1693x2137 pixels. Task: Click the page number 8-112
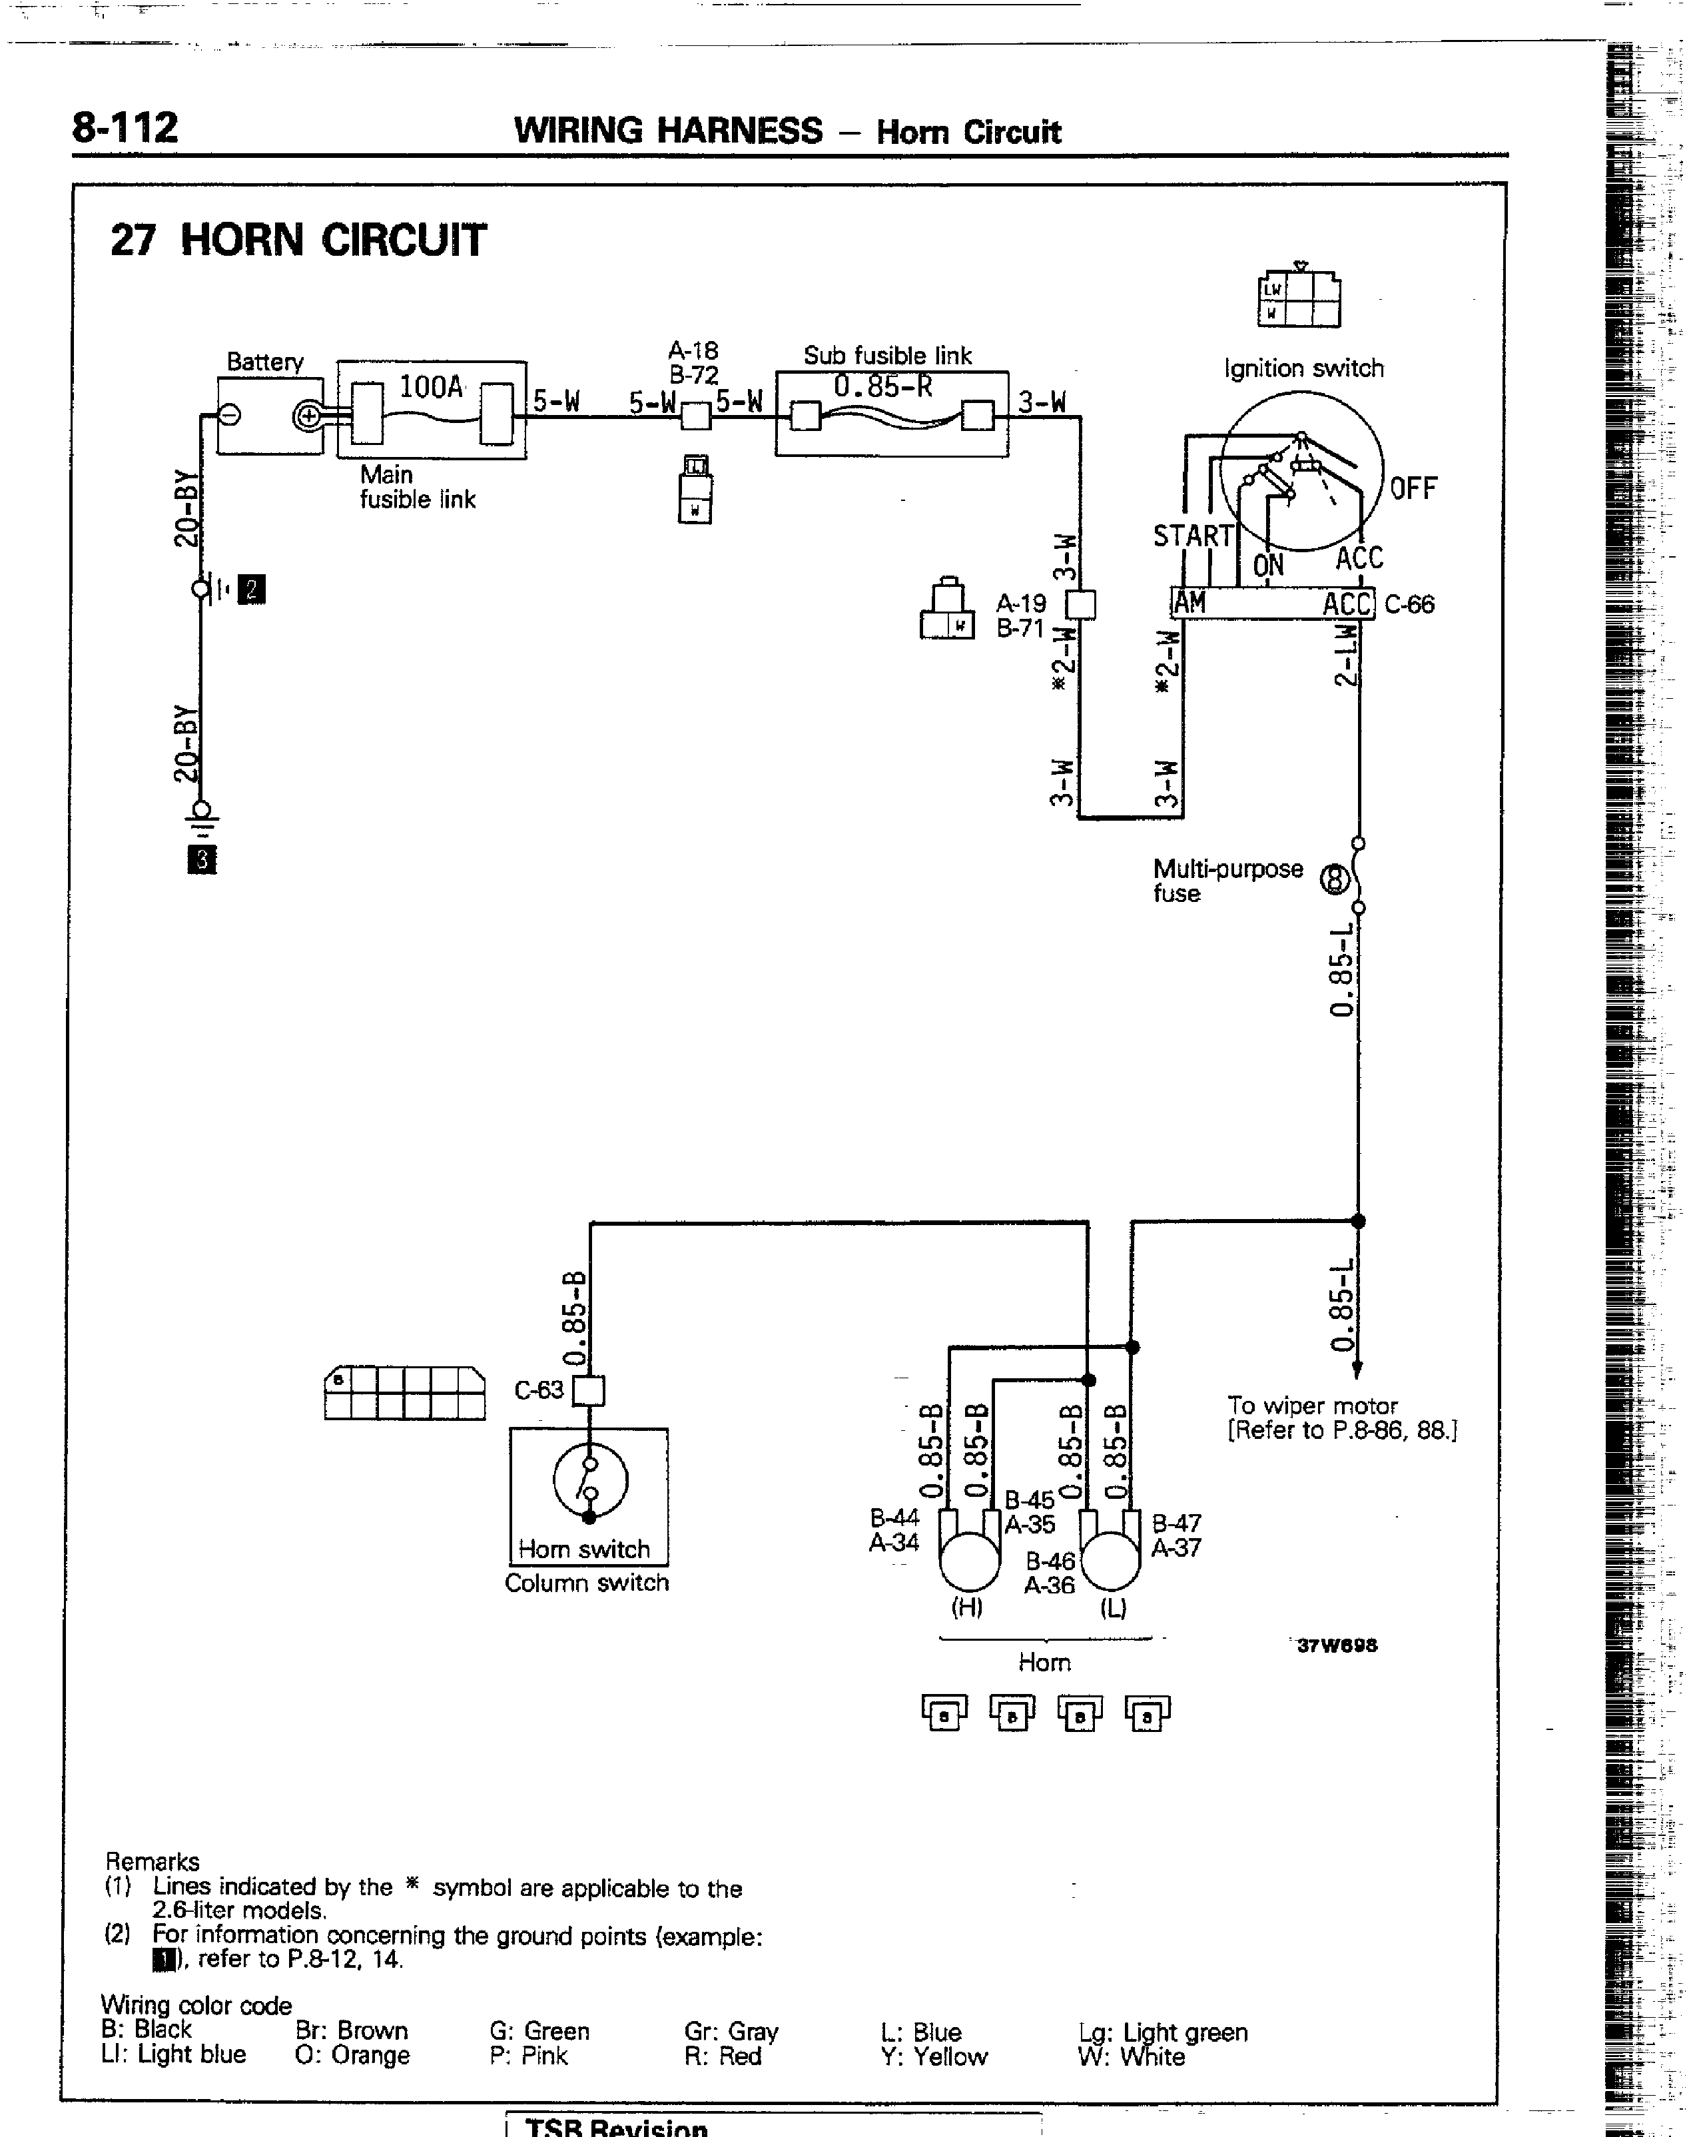click(x=125, y=128)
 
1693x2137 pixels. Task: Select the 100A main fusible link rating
click(x=431, y=386)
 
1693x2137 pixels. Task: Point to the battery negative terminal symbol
click(x=229, y=415)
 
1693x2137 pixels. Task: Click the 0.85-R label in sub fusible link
click(x=882, y=386)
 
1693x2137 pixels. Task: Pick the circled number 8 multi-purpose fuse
click(x=1335, y=878)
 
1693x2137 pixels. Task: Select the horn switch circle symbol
click(x=590, y=1481)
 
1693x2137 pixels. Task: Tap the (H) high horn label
click(x=966, y=1607)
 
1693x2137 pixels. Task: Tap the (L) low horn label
click(x=1112, y=1607)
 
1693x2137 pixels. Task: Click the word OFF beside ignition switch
click(x=1413, y=489)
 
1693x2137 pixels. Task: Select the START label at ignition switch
click(x=1192, y=536)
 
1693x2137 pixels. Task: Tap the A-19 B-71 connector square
click(x=1080, y=605)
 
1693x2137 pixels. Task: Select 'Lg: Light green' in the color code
click(x=1163, y=2032)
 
